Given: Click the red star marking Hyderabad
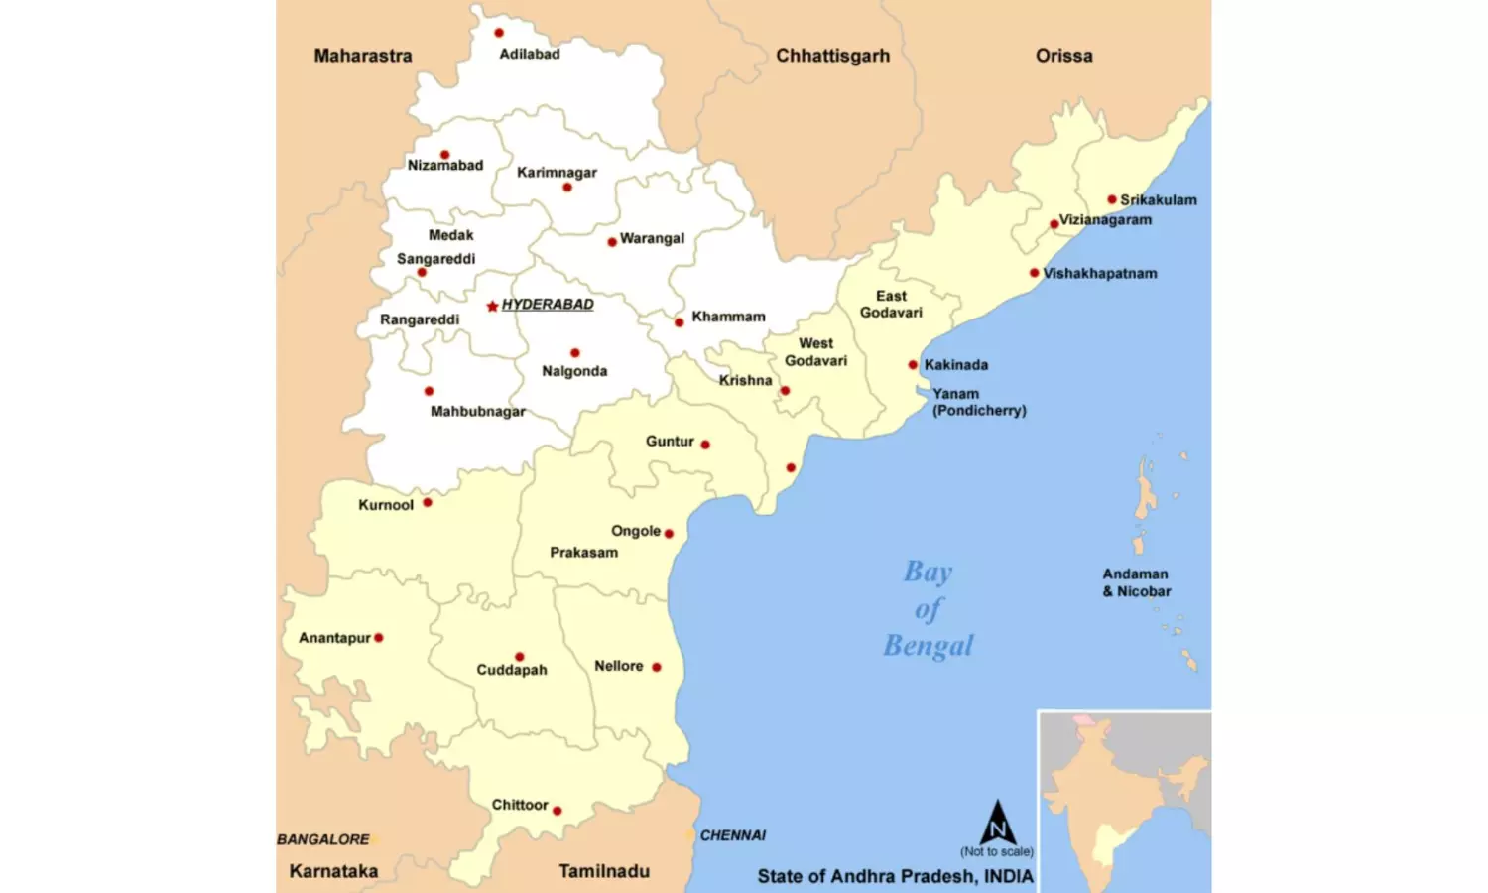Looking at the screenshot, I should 492,306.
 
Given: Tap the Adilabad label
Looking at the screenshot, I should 529,54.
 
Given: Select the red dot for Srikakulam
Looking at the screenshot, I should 1112,199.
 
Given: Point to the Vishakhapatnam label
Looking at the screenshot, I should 1099,273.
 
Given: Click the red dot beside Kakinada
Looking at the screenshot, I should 913,365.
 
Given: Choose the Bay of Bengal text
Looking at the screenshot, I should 929,608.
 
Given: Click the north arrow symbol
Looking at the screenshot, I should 997,823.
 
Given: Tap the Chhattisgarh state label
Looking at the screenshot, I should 832,56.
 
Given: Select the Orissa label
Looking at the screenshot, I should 1063,56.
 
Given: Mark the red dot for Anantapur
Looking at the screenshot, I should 378,638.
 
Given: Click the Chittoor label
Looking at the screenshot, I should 520,805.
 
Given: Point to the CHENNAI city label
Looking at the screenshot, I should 732,835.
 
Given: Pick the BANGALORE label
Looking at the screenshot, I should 322,839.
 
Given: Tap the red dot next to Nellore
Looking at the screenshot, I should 656,667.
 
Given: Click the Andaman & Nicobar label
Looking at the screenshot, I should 1136,582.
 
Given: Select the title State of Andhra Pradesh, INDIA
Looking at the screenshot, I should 895,876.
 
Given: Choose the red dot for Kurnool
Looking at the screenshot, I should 428,503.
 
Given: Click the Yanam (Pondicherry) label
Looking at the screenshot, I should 978,402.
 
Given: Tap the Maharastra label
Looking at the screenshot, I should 362,56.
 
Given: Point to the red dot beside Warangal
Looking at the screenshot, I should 612,242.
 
